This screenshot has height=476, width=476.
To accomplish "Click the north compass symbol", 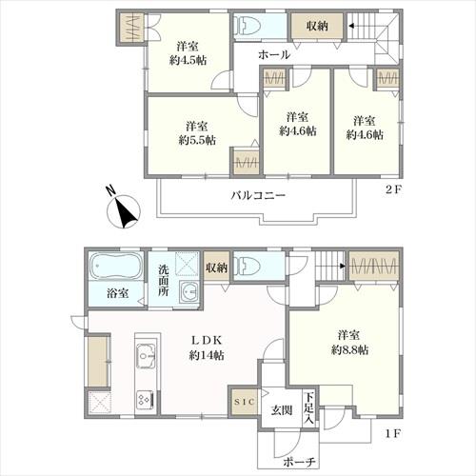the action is [124, 209].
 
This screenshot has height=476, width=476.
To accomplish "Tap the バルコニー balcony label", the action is [258, 195].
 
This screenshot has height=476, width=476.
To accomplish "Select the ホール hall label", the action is [274, 54].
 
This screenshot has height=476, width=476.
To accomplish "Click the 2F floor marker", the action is [393, 189].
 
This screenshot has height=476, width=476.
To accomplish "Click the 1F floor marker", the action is [393, 433].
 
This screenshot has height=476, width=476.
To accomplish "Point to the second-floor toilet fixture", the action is [247, 25].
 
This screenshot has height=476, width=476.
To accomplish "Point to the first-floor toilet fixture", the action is [247, 265].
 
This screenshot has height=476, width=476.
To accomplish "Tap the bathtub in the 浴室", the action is [115, 267].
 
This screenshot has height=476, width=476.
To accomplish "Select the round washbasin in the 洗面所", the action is [188, 291].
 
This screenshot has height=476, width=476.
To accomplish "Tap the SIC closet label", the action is [244, 402].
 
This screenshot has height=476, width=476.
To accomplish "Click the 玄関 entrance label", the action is [281, 410].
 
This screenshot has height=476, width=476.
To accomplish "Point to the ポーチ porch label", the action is [299, 462].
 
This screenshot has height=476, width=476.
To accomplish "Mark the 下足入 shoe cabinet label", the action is [308, 408].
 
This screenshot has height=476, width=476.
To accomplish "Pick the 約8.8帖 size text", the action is [349, 349].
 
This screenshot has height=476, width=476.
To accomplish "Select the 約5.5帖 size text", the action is [197, 140].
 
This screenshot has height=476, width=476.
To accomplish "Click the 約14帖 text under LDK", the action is [207, 355].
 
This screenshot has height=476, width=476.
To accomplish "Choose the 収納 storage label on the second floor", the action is [317, 26].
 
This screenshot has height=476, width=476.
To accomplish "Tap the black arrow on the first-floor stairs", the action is [343, 266].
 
